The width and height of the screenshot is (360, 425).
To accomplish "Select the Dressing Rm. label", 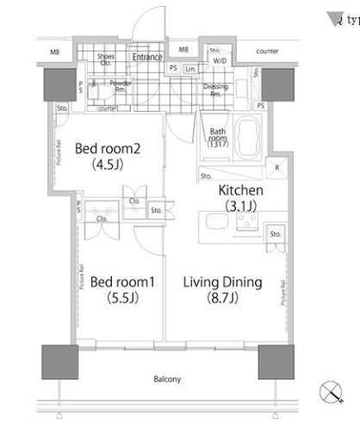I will (214, 90).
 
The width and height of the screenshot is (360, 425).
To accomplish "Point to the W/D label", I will (220, 61).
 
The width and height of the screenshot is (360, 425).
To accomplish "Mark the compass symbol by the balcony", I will (331, 393).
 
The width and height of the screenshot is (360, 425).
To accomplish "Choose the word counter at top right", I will (268, 52).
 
